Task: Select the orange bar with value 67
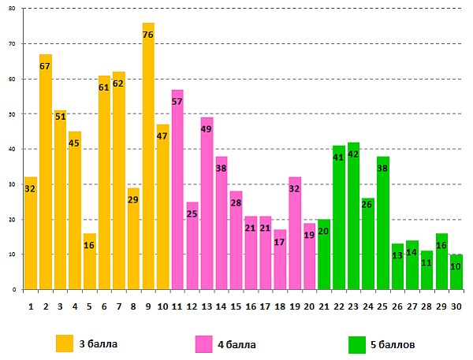pos(46,173)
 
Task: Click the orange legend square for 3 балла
pos(65,343)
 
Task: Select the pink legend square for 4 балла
pos(203,343)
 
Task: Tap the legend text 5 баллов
pos(395,344)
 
